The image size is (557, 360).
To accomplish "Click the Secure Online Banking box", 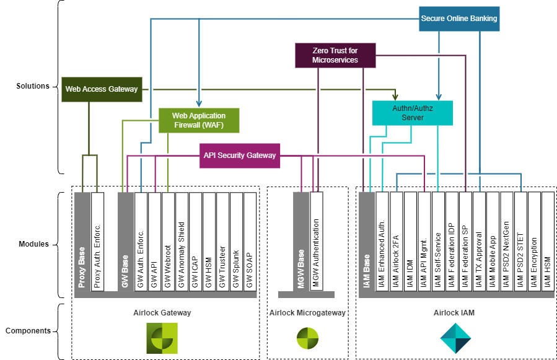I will [x=458, y=19].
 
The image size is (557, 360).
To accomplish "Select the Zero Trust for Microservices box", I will [x=335, y=55].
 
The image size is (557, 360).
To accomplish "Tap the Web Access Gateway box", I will [x=102, y=89].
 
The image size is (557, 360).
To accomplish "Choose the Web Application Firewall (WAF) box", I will [x=198, y=121].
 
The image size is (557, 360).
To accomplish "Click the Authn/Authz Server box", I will [x=413, y=112].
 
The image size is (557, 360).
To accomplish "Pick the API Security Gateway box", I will [x=239, y=156].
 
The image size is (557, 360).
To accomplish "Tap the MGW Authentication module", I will [x=316, y=242].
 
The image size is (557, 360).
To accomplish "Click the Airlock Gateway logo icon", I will [x=162, y=338].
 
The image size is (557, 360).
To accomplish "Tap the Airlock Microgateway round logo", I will [x=307, y=338].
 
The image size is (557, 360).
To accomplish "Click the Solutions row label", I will [x=33, y=86].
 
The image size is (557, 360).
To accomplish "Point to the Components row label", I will [x=28, y=331].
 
